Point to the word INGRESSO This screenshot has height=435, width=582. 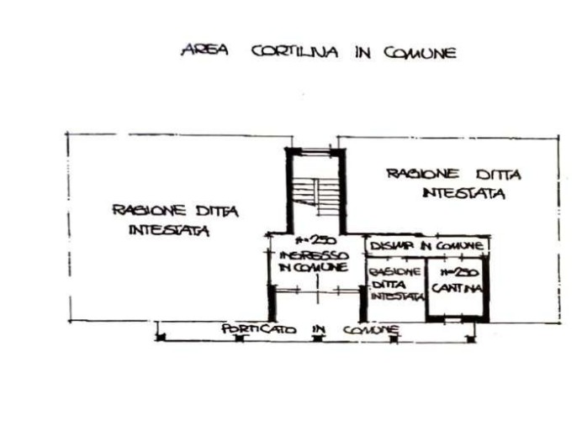point(311,254)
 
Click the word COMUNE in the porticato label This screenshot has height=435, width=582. point(371,330)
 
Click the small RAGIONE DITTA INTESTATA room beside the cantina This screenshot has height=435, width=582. point(394,285)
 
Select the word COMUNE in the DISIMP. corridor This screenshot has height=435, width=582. point(459,246)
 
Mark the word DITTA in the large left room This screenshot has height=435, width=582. point(216,212)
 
